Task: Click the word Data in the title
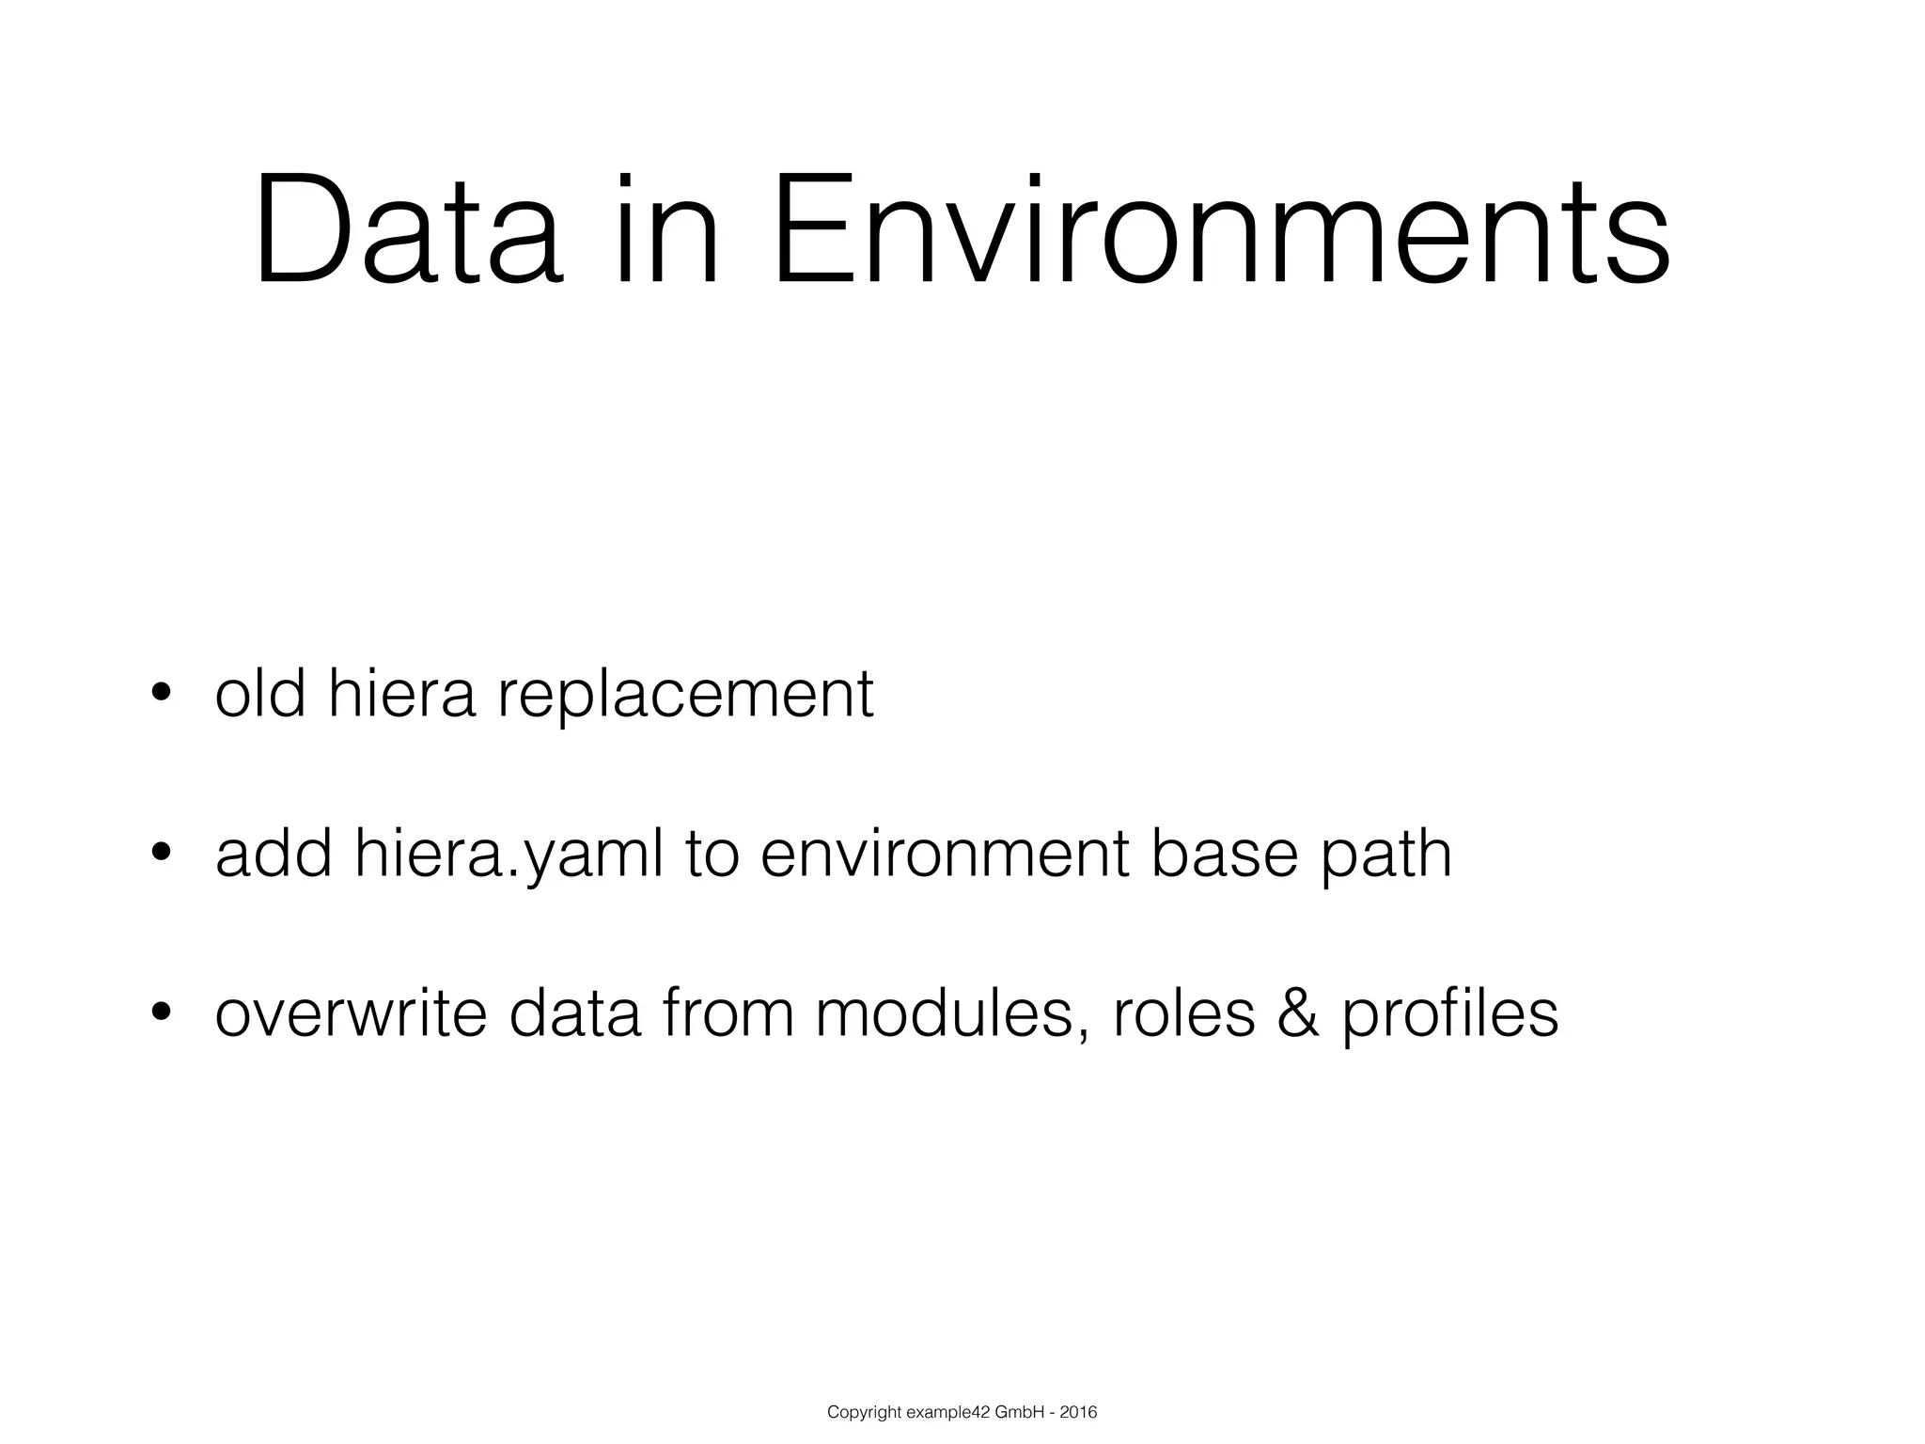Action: click(x=409, y=231)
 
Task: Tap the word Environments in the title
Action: click(x=1221, y=231)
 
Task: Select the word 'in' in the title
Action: click(x=668, y=231)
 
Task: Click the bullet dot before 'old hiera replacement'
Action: click(x=161, y=694)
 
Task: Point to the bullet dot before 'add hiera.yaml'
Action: click(x=161, y=854)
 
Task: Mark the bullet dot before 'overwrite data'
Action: click(x=161, y=1012)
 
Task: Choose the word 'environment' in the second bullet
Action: click(x=944, y=854)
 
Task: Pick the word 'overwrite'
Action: click(x=352, y=1013)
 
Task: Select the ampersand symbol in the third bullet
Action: click(x=1298, y=1013)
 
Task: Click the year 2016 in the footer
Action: click(x=1077, y=1412)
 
